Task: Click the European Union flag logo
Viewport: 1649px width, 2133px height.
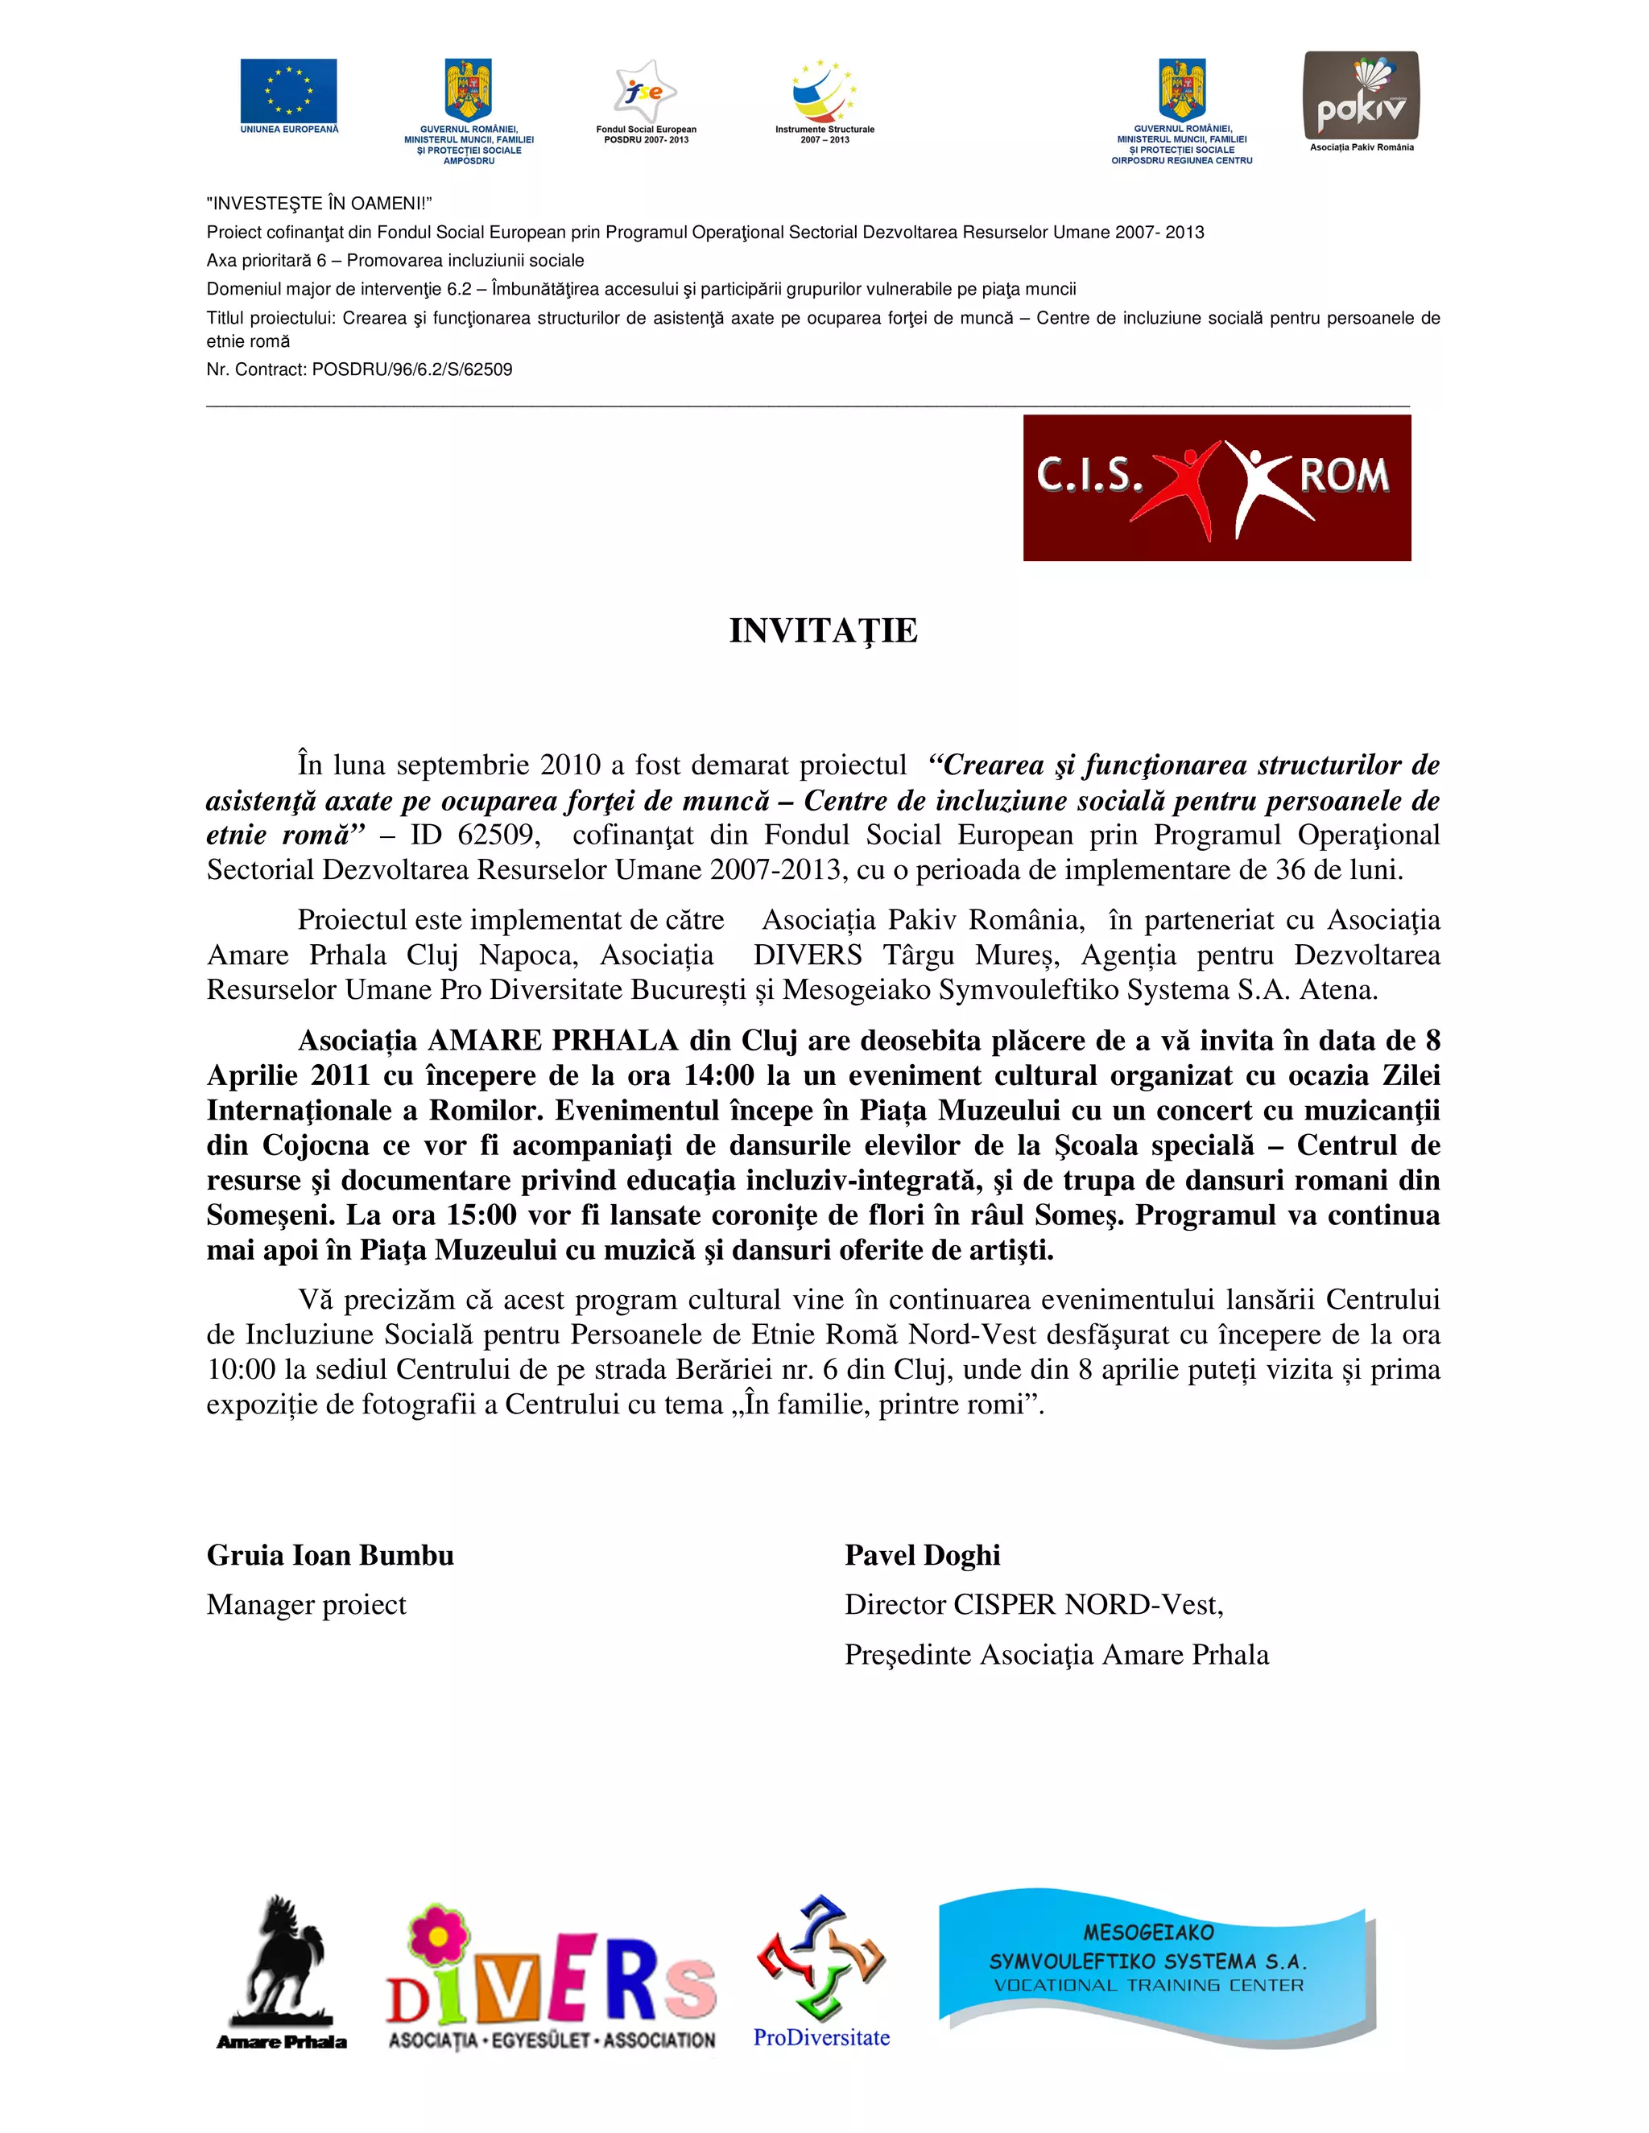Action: [288, 91]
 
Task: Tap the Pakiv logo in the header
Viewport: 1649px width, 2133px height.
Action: [1361, 96]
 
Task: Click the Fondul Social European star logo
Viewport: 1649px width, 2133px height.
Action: [646, 92]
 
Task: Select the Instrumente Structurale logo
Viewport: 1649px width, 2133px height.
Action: [824, 92]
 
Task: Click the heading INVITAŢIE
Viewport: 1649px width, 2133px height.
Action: [824, 631]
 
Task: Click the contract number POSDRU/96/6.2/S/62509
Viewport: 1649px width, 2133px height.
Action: [411, 370]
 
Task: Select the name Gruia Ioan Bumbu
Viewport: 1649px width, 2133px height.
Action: [330, 1555]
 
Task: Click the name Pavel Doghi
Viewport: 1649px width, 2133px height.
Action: [922, 1555]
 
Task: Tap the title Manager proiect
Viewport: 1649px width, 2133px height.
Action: [306, 1605]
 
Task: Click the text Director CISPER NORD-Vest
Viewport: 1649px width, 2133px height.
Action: [1034, 1605]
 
